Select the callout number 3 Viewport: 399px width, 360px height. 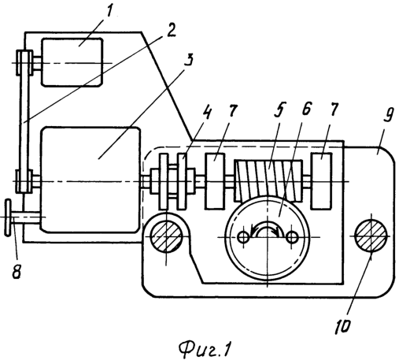(190, 60)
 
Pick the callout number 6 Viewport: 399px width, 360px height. (306, 108)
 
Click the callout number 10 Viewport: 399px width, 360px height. (342, 326)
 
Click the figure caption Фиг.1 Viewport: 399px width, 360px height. (205, 350)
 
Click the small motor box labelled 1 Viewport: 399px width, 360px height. (72, 62)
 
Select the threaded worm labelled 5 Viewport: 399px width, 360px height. (269, 180)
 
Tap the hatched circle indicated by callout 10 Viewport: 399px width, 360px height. (371, 236)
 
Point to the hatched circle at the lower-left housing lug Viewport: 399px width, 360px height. (166, 236)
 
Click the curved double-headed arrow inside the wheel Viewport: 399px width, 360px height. (267, 229)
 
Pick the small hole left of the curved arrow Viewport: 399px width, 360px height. (243, 237)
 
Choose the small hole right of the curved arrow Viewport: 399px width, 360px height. (291, 237)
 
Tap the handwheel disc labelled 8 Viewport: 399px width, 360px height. (8, 217)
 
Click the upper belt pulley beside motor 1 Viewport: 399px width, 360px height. (24, 63)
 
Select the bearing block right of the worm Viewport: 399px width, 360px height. (321, 181)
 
